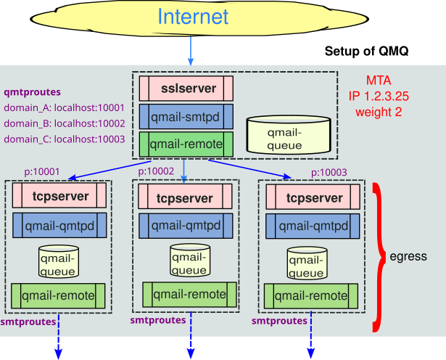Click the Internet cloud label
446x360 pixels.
pyautogui.click(x=193, y=17)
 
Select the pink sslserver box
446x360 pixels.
pyautogui.click(x=186, y=89)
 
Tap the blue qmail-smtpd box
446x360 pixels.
pyautogui.click(x=186, y=116)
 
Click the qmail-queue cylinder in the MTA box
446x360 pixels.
pyautogui.click(x=284, y=134)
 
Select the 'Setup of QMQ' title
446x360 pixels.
pyautogui.click(x=366, y=52)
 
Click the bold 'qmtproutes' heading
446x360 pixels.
pyautogui.click(x=32, y=92)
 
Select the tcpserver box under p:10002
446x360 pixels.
pyautogui.click(x=185, y=198)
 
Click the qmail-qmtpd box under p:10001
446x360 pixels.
pyautogui.click(x=59, y=226)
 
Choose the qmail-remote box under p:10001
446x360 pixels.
pyautogui.click(x=59, y=295)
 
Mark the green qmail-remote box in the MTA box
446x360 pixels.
pyautogui.click(x=186, y=144)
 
